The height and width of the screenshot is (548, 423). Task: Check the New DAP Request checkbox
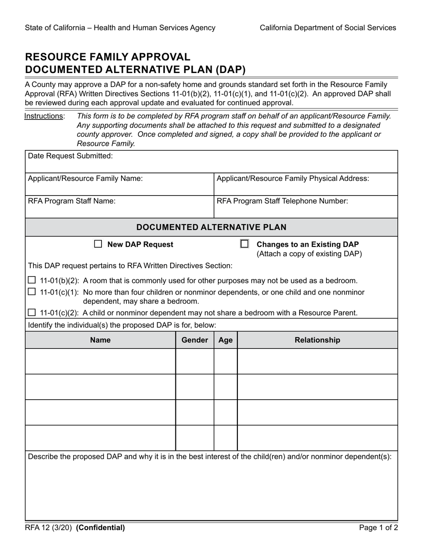[x=98, y=244]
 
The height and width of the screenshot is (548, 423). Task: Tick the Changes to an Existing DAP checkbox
[x=244, y=244]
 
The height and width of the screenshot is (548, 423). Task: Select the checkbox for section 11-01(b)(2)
[x=32, y=280]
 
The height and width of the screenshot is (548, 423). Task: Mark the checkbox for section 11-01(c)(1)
[x=32, y=292]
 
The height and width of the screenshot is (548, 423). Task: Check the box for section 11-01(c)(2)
[x=32, y=312]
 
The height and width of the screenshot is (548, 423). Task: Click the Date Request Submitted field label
[x=70, y=156]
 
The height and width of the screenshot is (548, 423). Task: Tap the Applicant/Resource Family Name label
[x=85, y=179]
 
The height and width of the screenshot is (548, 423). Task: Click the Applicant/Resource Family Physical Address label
[x=293, y=179]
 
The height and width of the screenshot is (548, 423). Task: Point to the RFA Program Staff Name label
[x=72, y=201]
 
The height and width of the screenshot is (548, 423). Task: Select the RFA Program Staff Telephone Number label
[x=282, y=201]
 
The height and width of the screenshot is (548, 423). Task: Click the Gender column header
[x=195, y=340]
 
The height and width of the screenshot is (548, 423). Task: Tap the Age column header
[x=226, y=340]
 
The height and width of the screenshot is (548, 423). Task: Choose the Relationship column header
[x=317, y=340]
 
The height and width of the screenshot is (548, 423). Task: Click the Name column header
[x=100, y=340]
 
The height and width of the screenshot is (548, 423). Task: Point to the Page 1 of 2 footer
[x=378, y=528]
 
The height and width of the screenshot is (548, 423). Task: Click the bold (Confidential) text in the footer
[x=101, y=528]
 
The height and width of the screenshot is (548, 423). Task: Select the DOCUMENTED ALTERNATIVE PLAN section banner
[x=211, y=227]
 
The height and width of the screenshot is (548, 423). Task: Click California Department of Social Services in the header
[x=328, y=28]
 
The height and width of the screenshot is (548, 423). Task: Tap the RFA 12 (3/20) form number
[x=49, y=528]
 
